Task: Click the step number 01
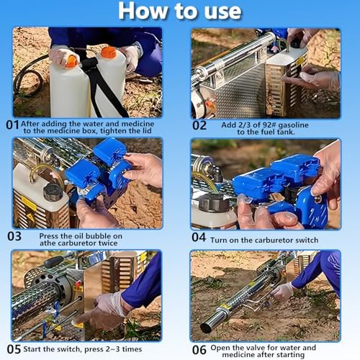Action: [x=12, y=125]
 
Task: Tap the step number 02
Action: [x=199, y=125]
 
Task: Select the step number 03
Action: [x=14, y=236]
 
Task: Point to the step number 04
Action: [x=199, y=237]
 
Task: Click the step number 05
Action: [x=14, y=349]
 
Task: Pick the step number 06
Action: [x=199, y=350]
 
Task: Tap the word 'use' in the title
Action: [x=222, y=12]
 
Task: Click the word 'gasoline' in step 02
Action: [x=293, y=125]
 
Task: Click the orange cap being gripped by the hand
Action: [x=71, y=61]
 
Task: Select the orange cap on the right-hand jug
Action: [x=109, y=53]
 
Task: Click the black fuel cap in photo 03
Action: [x=53, y=192]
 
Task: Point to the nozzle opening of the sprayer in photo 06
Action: [x=206, y=328]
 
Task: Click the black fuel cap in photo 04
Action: [x=211, y=203]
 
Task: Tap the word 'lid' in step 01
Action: [x=147, y=131]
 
